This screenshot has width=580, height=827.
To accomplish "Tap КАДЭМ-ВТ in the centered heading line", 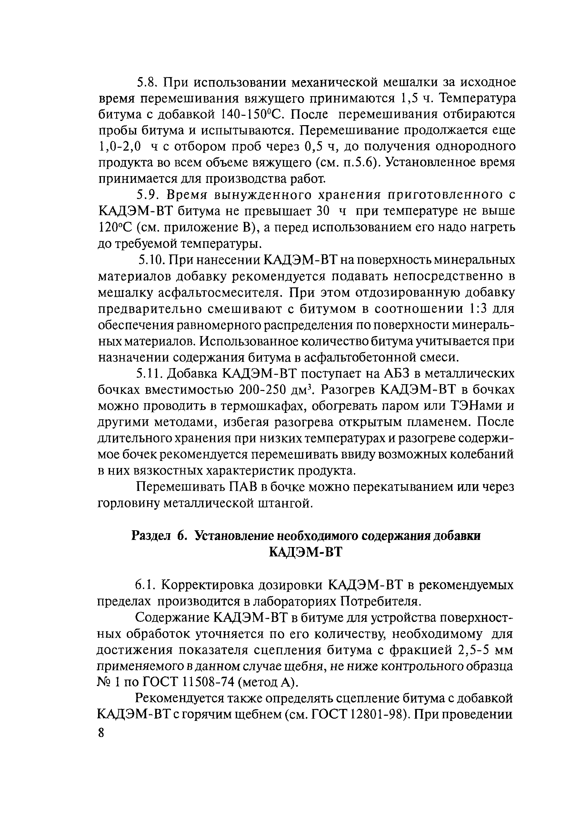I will click(x=305, y=552).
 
